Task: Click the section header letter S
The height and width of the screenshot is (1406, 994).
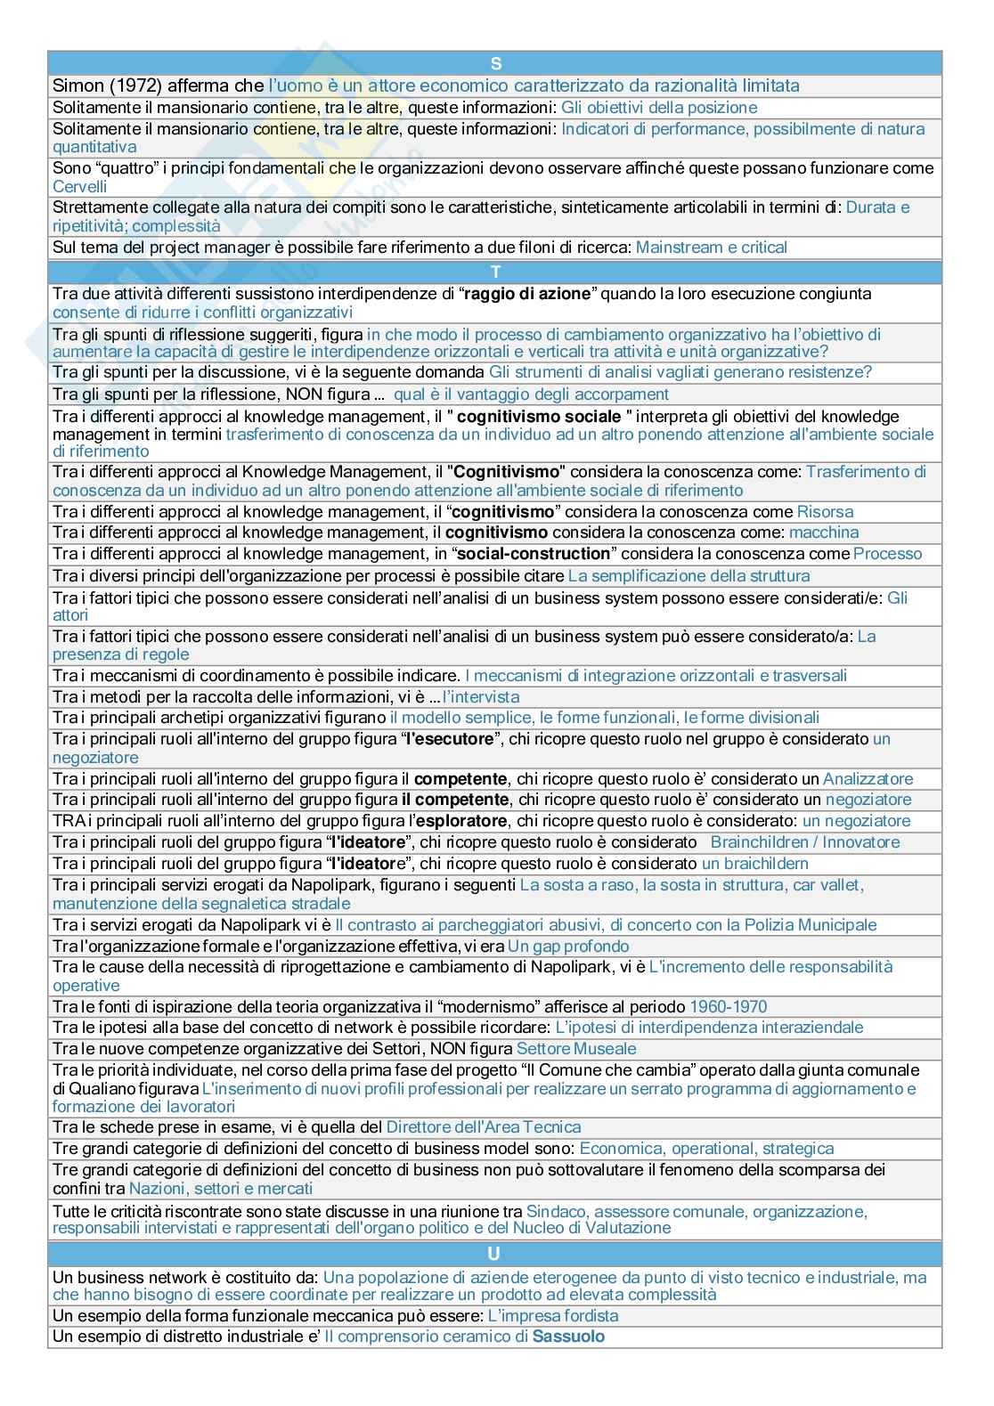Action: coord(496,63)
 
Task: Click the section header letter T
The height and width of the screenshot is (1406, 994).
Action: coord(496,272)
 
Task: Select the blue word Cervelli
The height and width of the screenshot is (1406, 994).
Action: coord(80,186)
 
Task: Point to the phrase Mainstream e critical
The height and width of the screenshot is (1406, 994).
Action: coord(712,248)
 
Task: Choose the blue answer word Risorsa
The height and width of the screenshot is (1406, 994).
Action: coord(825,511)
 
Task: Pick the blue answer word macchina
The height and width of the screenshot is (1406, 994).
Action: coord(824,532)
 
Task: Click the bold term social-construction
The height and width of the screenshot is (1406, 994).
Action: coord(534,554)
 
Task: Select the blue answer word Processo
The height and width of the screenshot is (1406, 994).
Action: coord(888,554)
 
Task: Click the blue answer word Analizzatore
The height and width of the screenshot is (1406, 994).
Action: coord(868,779)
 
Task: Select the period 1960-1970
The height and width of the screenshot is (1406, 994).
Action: coord(728,1007)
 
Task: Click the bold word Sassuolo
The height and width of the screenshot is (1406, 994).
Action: coord(568,1337)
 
